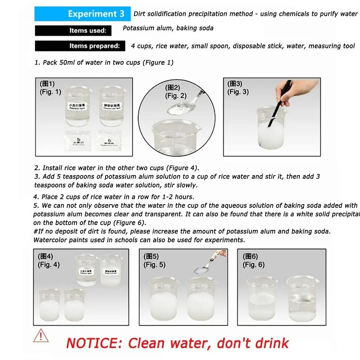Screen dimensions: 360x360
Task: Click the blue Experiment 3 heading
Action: [x=82, y=14]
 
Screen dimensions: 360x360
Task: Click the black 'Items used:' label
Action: [x=73, y=31]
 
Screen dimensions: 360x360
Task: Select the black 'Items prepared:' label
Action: [x=80, y=46]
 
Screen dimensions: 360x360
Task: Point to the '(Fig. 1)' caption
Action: [x=50, y=92]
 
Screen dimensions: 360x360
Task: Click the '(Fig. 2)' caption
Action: [x=176, y=96]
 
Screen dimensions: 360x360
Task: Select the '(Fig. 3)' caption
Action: [x=238, y=92]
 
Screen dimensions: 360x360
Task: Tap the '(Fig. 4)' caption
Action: [x=49, y=265]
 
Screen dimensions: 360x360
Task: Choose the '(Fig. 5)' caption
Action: [x=154, y=265]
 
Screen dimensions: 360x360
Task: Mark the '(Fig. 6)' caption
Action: [x=253, y=265]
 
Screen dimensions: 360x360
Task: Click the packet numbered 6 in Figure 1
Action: [x=109, y=141]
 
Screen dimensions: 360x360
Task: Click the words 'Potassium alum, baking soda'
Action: [x=168, y=28]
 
